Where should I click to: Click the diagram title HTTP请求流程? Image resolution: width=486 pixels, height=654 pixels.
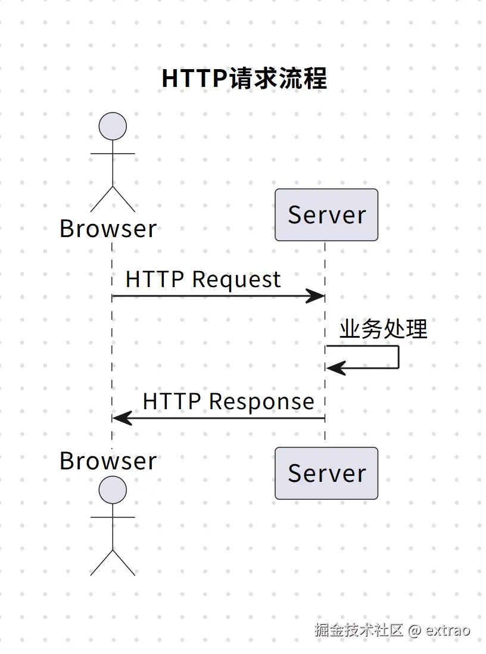(x=244, y=78)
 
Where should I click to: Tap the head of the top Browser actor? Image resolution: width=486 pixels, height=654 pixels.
(x=113, y=126)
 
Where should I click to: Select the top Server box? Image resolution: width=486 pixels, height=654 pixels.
(x=326, y=215)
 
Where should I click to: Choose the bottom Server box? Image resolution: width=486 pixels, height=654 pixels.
(x=326, y=474)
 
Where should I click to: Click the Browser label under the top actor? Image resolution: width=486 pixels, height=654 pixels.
(x=108, y=229)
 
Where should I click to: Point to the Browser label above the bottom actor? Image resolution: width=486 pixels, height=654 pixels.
(x=108, y=461)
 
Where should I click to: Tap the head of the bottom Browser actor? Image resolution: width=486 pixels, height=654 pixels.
(x=113, y=490)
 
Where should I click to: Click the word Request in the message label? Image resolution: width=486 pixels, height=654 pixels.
(x=236, y=280)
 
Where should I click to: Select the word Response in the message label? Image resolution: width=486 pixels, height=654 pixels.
(x=261, y=402)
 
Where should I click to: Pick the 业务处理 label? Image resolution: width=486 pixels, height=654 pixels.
(x=384, y=329)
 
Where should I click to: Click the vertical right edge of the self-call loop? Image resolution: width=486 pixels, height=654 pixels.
(x=399, y=357)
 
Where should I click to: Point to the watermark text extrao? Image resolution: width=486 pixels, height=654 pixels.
(x=448, y=630)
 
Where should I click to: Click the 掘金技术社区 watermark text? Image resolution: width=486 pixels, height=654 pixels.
(x=359, y=630)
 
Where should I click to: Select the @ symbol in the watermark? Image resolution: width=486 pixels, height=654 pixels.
(x=415, y=630)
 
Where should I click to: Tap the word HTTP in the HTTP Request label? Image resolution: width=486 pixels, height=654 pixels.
(x=155, y=279)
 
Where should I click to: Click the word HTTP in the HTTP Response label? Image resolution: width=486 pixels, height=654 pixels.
(x=172, y=401)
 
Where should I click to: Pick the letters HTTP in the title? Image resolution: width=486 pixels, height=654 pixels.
(x=195, y=79)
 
